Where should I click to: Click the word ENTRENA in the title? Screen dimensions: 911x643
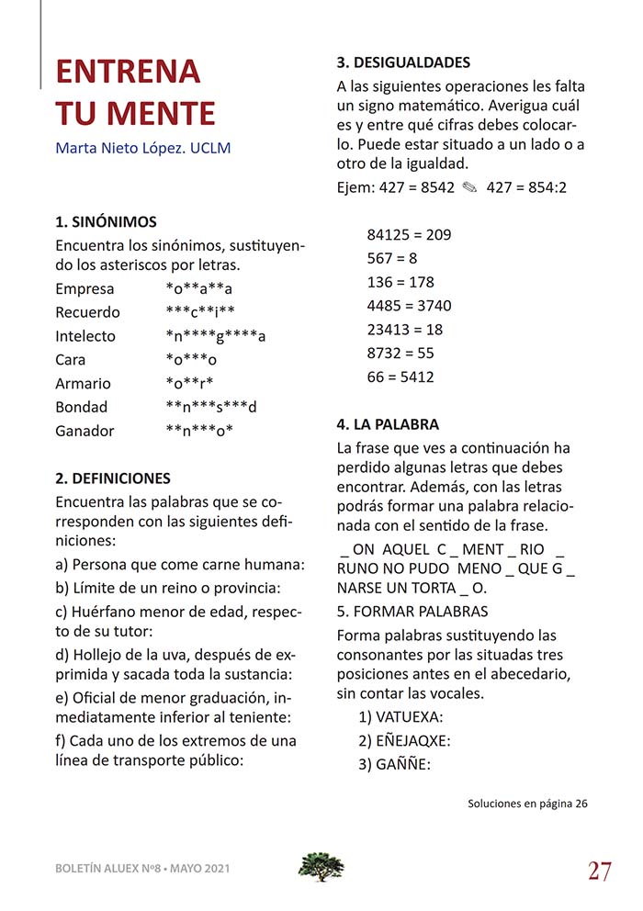click(x=128, y=72)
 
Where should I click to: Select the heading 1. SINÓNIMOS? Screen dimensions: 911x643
click(x=106, y=221)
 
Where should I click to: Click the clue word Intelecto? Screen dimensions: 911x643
click(x=85, y=336)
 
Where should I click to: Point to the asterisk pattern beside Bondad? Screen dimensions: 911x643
click(x=211, y=407)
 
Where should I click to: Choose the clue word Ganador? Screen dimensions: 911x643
click(x=85, y=431)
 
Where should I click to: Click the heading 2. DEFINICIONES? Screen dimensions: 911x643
click(x=113, y=478)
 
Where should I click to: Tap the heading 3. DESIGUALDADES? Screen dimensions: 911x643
click(x=403, y=62)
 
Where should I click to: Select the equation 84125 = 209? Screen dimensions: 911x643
click(x=409, y=235)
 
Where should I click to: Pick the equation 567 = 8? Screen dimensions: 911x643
click(x=392, y=258)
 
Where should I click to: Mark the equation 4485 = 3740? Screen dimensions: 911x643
click(x=409, y=306)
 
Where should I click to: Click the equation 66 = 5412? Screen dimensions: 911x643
click(x=400, y=377)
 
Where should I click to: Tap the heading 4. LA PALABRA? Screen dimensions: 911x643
click(x=388, y=424)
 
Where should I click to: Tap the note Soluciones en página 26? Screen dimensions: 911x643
click(x=527, y=804)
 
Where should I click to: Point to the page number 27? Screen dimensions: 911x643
click(x=600, y=871)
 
